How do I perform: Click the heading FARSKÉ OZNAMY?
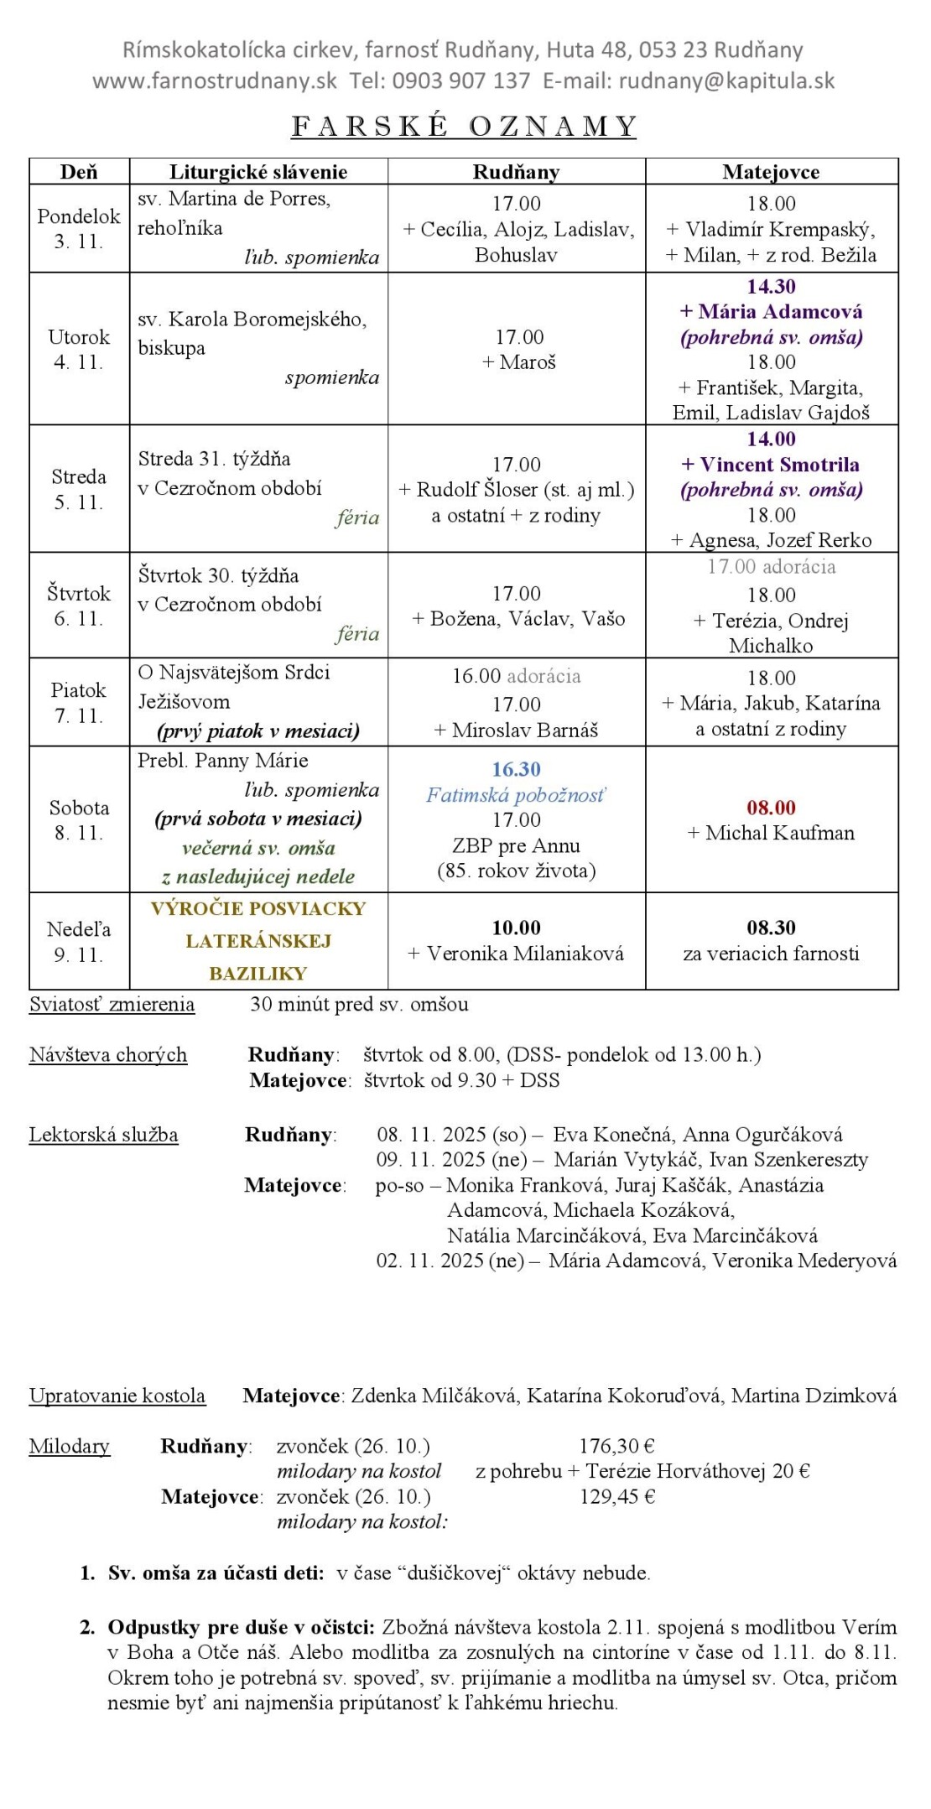(464, 126)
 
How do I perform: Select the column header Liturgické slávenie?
(258, 172)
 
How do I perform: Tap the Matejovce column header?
(771, 172)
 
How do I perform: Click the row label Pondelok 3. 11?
(79, 228)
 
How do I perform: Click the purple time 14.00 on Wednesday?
(771, 439)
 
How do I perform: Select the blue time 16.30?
(516, 769)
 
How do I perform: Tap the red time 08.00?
(771, 808)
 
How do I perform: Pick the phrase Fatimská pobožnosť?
(516, 795)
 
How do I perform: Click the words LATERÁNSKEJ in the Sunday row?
(258, 941)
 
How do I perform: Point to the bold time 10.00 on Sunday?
(516, 928)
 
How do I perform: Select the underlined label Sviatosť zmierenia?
(112, 1005)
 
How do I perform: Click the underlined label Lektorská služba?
(103, 1135)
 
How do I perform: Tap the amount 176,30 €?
(616, 1446)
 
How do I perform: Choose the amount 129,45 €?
(616, 1496)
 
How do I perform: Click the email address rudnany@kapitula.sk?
(726, 81)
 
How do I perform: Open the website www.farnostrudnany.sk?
(215, 81)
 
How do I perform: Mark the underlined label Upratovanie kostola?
(117, 1396)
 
